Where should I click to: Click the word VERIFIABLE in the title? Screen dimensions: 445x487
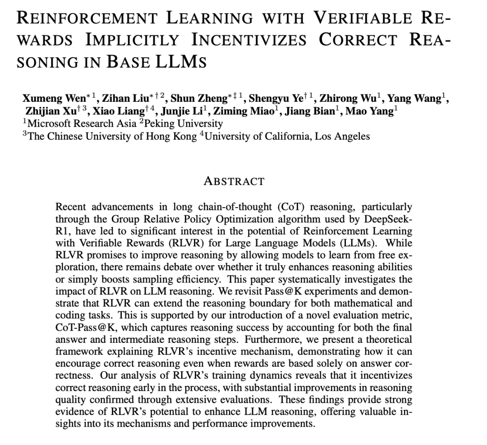363,18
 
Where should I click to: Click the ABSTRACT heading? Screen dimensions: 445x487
234,182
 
